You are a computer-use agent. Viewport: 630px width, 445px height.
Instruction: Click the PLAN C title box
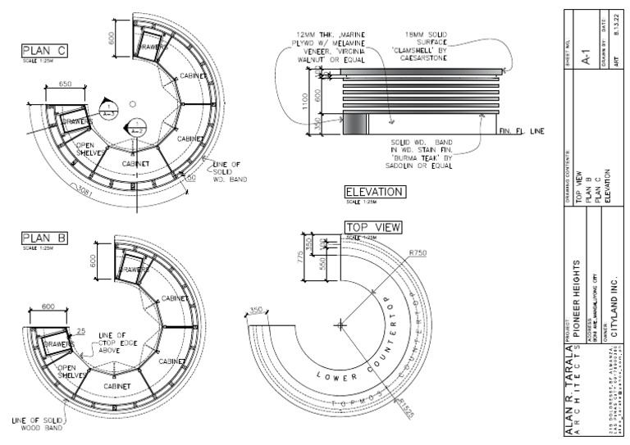pyautogui.click(x=44, y=52)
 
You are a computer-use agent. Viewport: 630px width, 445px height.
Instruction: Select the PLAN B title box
pyautogui.click(x=44, y=238)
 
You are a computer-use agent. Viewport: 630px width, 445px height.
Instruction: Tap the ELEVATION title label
pyautogui.click(x=374, y=192)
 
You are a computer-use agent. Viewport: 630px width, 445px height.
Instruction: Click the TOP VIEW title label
pyautogui.click(x=372, y=227)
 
